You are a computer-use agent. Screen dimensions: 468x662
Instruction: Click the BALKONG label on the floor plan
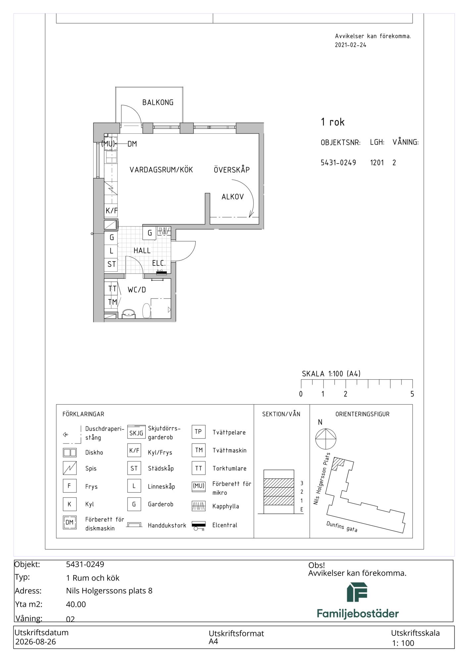(158, 103)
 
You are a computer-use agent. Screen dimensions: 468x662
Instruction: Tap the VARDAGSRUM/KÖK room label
(161, 170)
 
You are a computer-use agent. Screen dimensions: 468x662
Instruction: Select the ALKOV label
(233, 197)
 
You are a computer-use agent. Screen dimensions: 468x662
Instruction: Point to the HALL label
(142, 251)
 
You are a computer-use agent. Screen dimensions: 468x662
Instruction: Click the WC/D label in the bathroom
(137, 290)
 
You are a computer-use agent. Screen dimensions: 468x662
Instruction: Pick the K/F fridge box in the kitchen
(111, 211)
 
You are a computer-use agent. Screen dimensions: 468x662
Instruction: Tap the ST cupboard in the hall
(111, 264)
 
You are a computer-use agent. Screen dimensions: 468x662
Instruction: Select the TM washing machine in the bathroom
(112, 302)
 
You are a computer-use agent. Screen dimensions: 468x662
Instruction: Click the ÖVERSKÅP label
(232, 169)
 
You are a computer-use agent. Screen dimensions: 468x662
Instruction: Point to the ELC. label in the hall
(159, 263)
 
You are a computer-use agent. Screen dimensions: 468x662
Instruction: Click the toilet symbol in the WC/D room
(146, 311)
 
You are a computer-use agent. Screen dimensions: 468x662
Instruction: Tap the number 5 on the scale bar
(412, 394)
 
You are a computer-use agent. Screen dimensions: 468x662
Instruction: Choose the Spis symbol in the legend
(70, 468)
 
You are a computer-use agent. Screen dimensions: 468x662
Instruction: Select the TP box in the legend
(198, 432)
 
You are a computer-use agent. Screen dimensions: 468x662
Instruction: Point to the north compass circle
(326, 439)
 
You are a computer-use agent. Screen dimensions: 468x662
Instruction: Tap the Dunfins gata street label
(342, 527)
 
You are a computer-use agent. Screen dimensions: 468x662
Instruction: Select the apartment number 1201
(377, 163)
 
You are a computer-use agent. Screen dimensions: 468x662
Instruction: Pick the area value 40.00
(76, 604)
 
